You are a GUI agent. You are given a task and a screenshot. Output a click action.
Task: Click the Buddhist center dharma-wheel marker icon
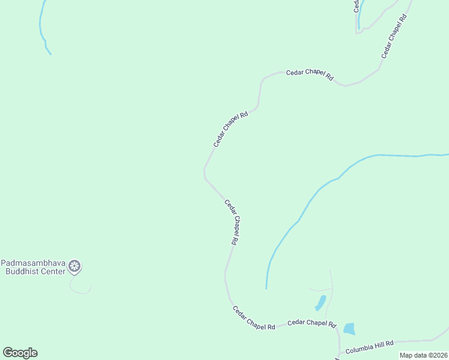pyautogui.click(x=74, y=266)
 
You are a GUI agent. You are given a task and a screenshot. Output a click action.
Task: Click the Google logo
pyautogui.click(x=20, y=353)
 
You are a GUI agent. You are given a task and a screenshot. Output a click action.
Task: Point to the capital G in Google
pyautogui.click(x=8, y=352)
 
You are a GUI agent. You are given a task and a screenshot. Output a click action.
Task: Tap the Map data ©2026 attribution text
pyautogui.click(x=423, y=355)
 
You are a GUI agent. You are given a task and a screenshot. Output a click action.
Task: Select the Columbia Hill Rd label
pyautogui.click(x=369, y=344)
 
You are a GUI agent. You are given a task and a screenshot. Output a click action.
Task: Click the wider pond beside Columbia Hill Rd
pyautogui.click(x=349, y=329)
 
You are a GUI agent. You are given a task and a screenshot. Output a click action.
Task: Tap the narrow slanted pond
pyautogui.click(x=321, y=302)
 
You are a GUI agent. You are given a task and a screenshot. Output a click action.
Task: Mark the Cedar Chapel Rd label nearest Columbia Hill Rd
pyautogui.click(x=312, y=323)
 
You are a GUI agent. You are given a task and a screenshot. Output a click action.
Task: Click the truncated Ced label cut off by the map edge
pyautogui.click(x=356, y=6)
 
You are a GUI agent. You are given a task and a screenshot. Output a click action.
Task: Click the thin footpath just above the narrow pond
pyautogui.click(x=321, y=290)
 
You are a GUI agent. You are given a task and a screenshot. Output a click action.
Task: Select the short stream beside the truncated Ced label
pyautogui.click(x=362, y=15)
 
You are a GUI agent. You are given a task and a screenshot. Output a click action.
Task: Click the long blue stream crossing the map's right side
pyautogui.click(x=336, y=179)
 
